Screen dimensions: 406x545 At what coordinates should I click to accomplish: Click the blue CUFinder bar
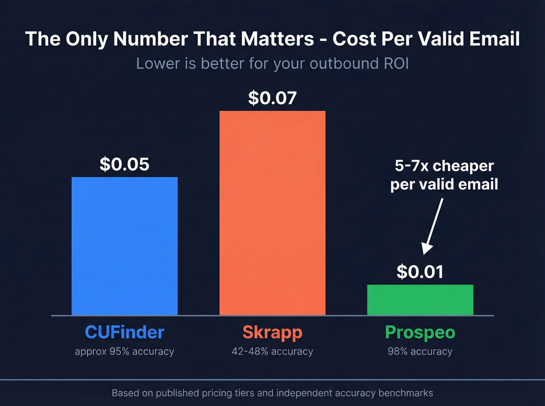point(125,246)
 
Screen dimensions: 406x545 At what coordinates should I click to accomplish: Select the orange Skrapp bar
point(272,213)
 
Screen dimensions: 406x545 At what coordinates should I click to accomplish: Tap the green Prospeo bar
point(420,300)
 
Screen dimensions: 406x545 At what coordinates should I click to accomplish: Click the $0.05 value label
point(125,164)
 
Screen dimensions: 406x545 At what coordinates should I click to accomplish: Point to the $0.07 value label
point(272,98)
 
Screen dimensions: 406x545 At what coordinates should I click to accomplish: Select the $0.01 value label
point(420,272)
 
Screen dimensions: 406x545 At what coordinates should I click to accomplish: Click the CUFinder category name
point(125,333)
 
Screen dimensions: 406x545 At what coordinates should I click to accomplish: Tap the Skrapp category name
point(272,333)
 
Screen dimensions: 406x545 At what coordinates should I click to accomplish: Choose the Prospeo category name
point(420,333)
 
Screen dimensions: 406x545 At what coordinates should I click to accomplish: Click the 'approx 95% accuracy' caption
point(125,352)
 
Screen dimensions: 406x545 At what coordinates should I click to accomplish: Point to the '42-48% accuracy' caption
point(272,352)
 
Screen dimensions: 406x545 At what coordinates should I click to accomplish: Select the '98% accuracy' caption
point(420,352)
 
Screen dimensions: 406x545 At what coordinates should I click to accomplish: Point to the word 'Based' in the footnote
point(125,393)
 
